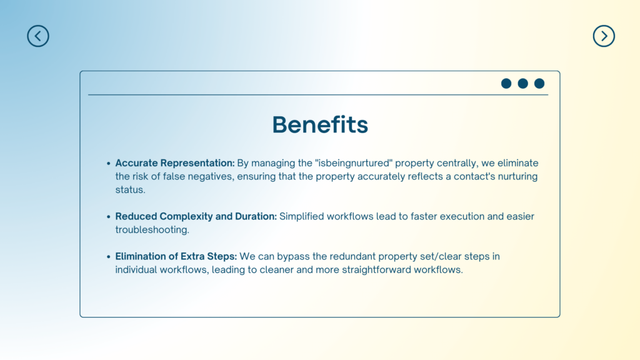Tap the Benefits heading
[x=320, y=124]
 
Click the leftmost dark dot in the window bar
[x=506, y=84]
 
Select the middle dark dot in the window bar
[x=523, y=84]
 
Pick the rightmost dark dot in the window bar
[x=539, y=84]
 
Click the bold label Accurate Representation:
[x=175, y=163]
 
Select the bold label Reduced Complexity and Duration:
[x=196, y=216]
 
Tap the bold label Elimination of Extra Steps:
[x=176, y=256]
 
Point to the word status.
[x=130, y=190]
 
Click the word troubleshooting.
[x=152, y=230]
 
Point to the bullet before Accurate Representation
[x=109, y=163]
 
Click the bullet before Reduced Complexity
[x=109, y=217]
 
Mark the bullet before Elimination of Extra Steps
[x=109, y=257]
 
